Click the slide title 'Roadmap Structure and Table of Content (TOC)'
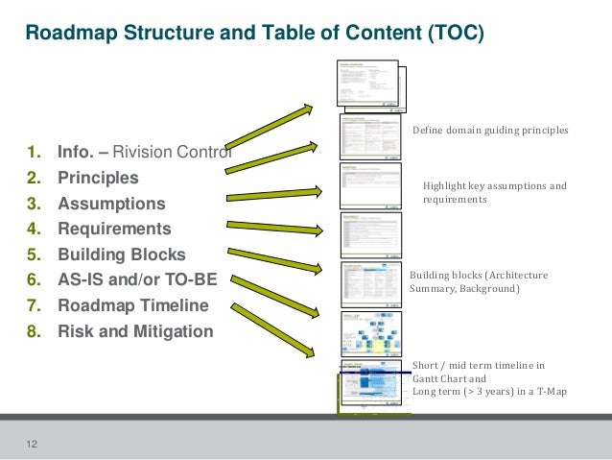(x=254, y=34)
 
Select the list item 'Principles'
(x=98, y=179)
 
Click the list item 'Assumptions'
(x=111, y=205)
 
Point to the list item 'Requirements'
(x=114, y=230)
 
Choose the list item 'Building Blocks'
(x=122, y=255)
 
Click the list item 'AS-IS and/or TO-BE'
(x=137, y=280)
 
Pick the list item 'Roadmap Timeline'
(x=132, y=306)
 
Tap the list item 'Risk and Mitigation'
(x=135, y=332)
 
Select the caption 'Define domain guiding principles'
(x=490, y=131)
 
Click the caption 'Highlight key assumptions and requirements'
(x=495, y=193)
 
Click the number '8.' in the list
(x=35, y=332)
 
